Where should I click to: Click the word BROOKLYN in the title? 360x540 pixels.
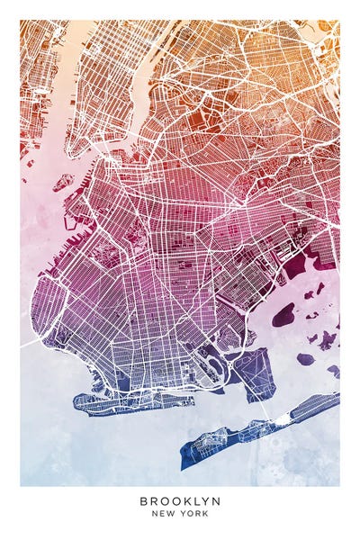(x=180, y=500)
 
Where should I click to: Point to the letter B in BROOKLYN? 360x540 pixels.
(x=143, y=500)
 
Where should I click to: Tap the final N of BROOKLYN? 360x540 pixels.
(x=216, y=500)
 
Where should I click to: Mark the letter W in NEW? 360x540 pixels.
(x=174, y=513)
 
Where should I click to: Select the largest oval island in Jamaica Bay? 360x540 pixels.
(x=283, y=314)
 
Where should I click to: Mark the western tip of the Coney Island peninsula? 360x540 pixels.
(x=76, y=401)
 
